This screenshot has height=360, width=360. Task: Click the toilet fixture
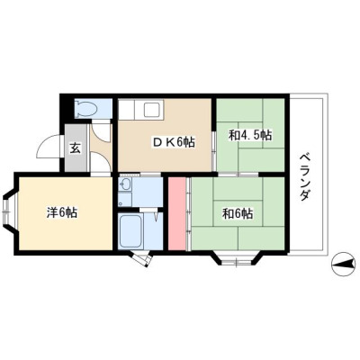[x=87, y=109]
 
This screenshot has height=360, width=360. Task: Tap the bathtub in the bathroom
[x=130, y=230]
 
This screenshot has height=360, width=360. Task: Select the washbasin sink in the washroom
[x=125, y=184]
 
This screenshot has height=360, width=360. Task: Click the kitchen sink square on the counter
[x=153, y=111]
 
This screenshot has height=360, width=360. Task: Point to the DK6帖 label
[x=174, y=141]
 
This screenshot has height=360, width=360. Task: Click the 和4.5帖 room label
[x=250, y=136]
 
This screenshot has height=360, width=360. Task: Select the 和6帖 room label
[x=238, y=214]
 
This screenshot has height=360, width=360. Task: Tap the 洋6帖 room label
[x=62, y=212]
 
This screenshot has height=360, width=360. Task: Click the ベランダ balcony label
[x=305, y=177]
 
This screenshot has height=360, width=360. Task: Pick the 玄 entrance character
[x=76, y=148]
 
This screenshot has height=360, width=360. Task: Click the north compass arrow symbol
[x=343, y=265]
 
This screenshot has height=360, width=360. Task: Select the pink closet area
[x=176, y=213]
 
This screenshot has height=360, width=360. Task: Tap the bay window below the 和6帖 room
[x=236, y=259]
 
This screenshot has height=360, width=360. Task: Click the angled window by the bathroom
[x=141, y=258]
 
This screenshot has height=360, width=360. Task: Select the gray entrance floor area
[x=76, y=148]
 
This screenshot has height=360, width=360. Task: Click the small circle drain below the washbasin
[x=121, y=204]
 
